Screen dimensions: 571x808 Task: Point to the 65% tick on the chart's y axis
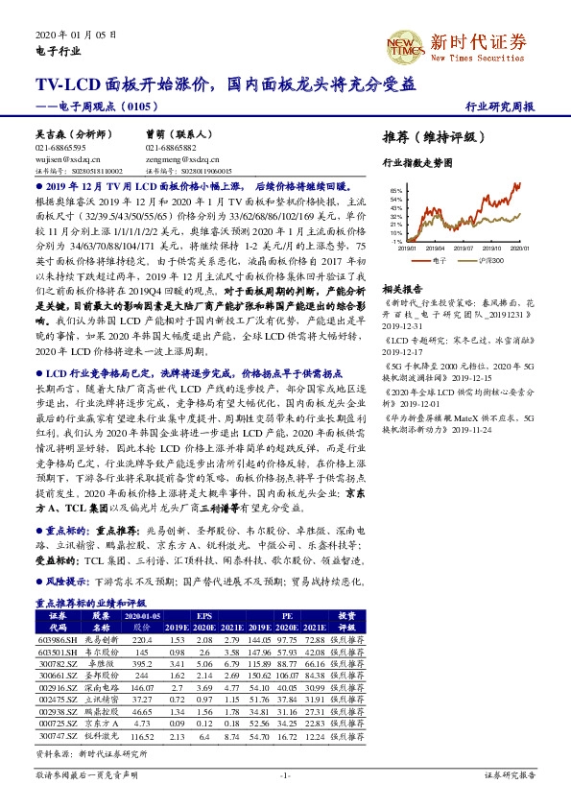393,191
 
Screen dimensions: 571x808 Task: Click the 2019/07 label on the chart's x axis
460,249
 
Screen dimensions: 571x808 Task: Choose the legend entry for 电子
435,259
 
